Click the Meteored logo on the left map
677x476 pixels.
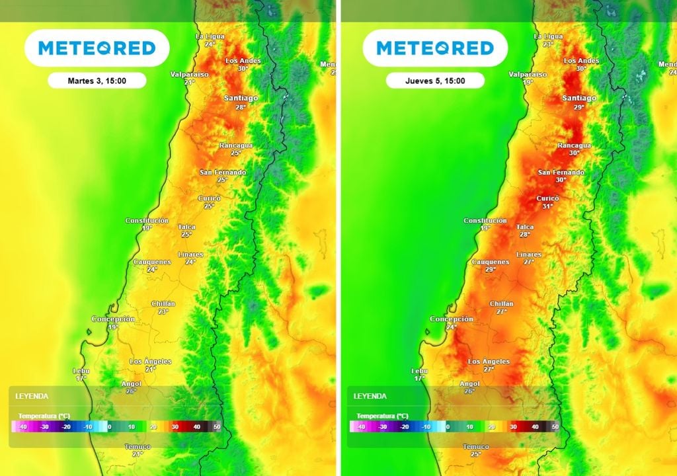pyautogui.click(x=97, y=48)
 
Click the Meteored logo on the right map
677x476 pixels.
pyautogui.click(x=435, y=48)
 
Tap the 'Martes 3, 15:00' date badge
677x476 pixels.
pyautogui.click(x=97, y=81)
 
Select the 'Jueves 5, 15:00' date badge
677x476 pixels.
pyautogui.click(x=435, y=81)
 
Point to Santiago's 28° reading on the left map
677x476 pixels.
pyautogui.click(x=240, y=106)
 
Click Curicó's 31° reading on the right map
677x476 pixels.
pyautogui.click(x=547, y=206)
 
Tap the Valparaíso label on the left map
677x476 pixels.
pyautogui.click(x=189, y=74)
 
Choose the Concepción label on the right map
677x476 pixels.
pyautogui.click(x=452, y=319)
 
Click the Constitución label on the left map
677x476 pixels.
pyautogui.click(x=147, y=221)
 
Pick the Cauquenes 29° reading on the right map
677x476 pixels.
pyautogui.click(x=490, y=270)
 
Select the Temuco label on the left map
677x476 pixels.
pyautogui.click(x=138, y=447)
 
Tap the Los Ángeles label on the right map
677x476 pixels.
pyautogui.click(x=489, y=362)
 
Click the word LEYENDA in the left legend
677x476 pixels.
pyautogui.click(x=32, y=396)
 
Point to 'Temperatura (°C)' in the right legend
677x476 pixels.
pyautogui.click(x=382, y=416)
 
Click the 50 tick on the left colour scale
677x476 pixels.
pyautogui.click(x=216, y=428)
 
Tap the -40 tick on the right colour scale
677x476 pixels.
pyautogui.click(x=360, y=428)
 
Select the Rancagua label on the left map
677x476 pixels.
pyautogui.click(x=236, y=145)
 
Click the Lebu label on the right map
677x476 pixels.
pyautogui.click(x=419, y=371)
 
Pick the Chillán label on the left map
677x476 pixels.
pyautogui.click(x=163, y=303)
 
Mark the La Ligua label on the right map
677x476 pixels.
pyautogui.click(x=548, y=36)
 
